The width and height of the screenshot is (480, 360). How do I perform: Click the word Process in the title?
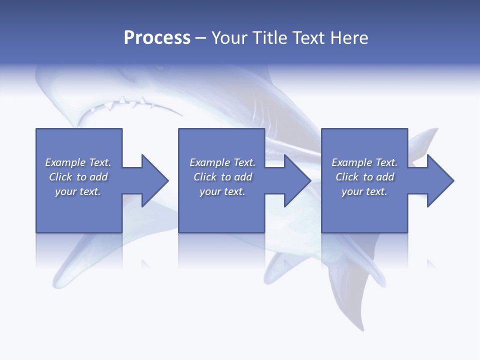pos(157,38)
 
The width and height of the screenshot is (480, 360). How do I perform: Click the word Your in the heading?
pos(229,38)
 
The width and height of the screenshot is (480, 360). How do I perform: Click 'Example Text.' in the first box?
pos(78,162)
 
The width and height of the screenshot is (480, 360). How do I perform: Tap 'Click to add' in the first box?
pos(78,177)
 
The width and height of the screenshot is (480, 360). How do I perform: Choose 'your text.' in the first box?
pos(78,191)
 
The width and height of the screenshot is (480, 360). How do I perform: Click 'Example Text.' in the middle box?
pos(222,162)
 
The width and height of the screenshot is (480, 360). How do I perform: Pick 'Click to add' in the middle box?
pos(222,177)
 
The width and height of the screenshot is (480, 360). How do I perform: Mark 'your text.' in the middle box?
pos(222,191)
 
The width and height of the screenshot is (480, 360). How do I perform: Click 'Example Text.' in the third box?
pos(364,162)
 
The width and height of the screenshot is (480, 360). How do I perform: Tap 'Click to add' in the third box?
pos(364,177)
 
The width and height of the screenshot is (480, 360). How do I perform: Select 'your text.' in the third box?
pos(364,191)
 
